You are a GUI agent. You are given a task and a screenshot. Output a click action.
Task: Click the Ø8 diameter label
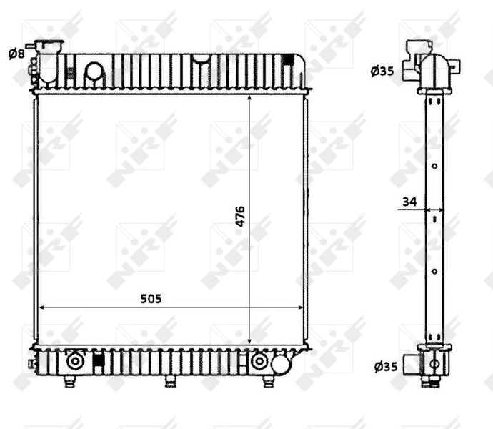click(x=16, y=53)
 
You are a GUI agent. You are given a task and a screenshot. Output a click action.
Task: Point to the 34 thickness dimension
click(x=409, y=202)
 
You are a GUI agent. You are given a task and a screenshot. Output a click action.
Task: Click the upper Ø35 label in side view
click(x=382, y=71)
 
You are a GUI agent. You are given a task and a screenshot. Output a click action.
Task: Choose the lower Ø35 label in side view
click(x=384, y=368)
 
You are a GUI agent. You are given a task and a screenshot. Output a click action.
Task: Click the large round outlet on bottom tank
click(x=279, y=365)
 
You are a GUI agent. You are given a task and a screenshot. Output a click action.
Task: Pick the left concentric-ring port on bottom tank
click(x=74, y=362)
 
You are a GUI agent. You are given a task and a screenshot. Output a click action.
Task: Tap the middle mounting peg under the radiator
click(x=170, y=381)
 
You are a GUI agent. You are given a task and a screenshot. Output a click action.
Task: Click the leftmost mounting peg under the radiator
click(x=69, y=382)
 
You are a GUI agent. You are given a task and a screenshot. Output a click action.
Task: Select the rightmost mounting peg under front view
click(x=268, y=381)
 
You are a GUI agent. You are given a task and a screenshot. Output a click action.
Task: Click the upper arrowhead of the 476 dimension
click(x=249, y=97)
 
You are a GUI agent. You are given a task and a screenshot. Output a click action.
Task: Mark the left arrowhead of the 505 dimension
click(x=41, y=307)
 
